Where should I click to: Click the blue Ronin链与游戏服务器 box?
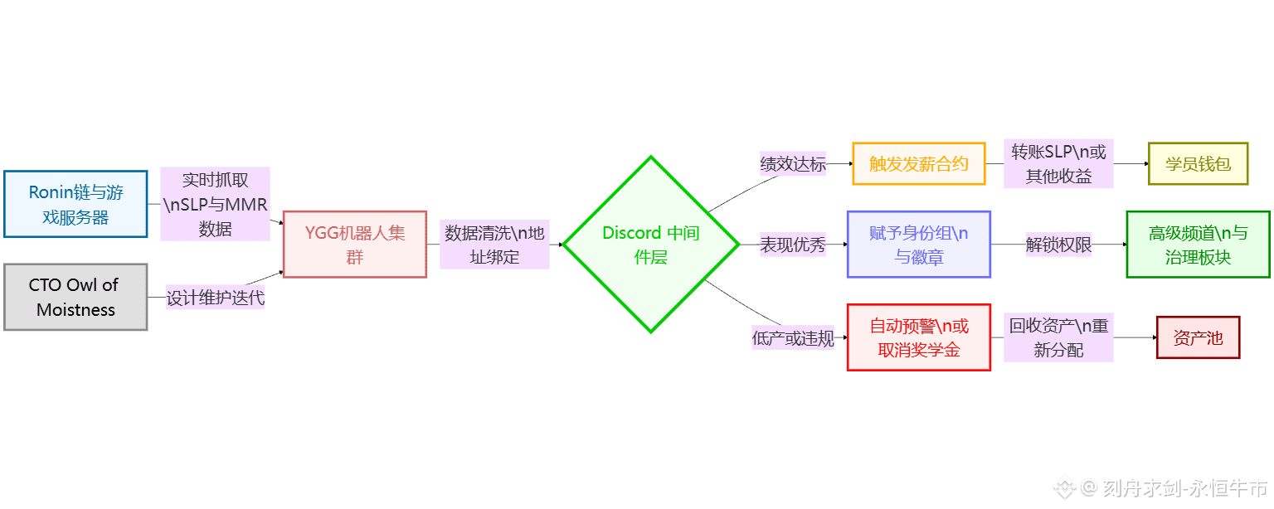pyautogui.click(x=75, y=204)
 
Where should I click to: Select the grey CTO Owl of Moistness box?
pyautogui.click(x=75, y=297)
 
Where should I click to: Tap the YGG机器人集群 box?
pyautogui.click(x=355, y=245)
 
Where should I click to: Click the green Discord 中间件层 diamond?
pyautogui.click(x=651, y=245)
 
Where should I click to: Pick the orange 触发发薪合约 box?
pyautogui.click(x=919, y=163)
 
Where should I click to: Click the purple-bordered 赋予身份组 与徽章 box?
pyautogui.click(x=919, y=245)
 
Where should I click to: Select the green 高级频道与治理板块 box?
pyautogui.click(x=1198, y=245)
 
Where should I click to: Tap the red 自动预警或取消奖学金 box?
pyautogui.click(x=919, y=337)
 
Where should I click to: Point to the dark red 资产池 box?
pyautogui.click(x=1198, y=337)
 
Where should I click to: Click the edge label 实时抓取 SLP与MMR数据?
pyautogui.click(x=215, y=204)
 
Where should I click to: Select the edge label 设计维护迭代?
pyautogui.click(x=216, y=298)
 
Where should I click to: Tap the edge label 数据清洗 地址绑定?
pyautogui.click(x=494, y=245)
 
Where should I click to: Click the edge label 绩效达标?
pyautogui.click(x=793, y=164)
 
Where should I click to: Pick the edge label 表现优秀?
pyautogui.click(x=793, y=245)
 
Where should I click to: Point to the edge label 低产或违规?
pyautogui.click(x=793, y=338)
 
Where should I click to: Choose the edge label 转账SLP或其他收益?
pyautogui.click(x=1058, y=163)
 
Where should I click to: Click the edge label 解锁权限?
pyautogui.click(x=1058, y=245)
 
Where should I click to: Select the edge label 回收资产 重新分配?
pyautogui.click(x=1058, y=337)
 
